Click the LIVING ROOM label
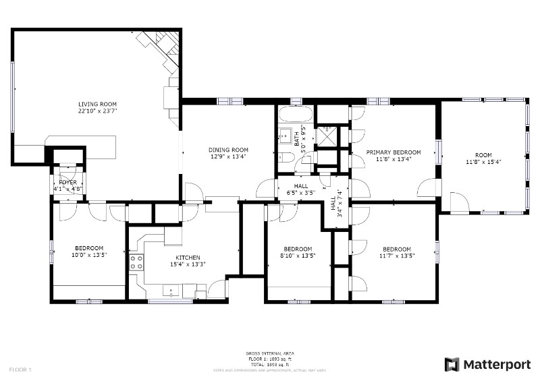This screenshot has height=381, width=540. point(97,105)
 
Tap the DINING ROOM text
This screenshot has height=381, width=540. point(227,150)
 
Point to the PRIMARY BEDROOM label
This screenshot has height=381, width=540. point(393,152)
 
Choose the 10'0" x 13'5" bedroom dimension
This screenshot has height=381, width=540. point(89,255)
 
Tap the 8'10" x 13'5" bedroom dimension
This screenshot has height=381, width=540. point(298,256)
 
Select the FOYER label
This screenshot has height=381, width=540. point(67,182)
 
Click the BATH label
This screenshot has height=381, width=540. point(298,140)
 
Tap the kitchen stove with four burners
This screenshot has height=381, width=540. point(136,262)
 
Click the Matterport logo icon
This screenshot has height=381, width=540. point(452,364)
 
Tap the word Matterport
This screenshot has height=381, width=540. point(496,364)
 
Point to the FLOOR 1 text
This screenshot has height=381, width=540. point(20,370)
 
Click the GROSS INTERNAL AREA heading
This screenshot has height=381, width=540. point(269,353)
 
